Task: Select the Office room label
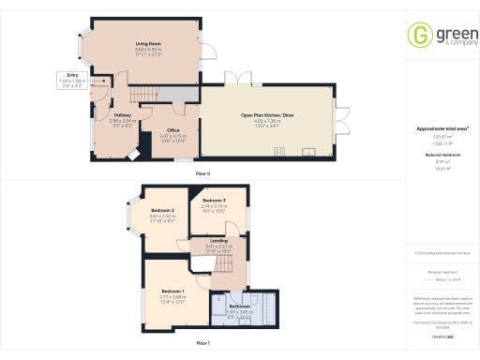(x=172, y=130)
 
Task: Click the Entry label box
(x=71, y=80)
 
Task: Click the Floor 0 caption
(x=202, y=175)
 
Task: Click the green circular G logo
(x=418, y=36)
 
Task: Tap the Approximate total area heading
(x=442, y=127)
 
